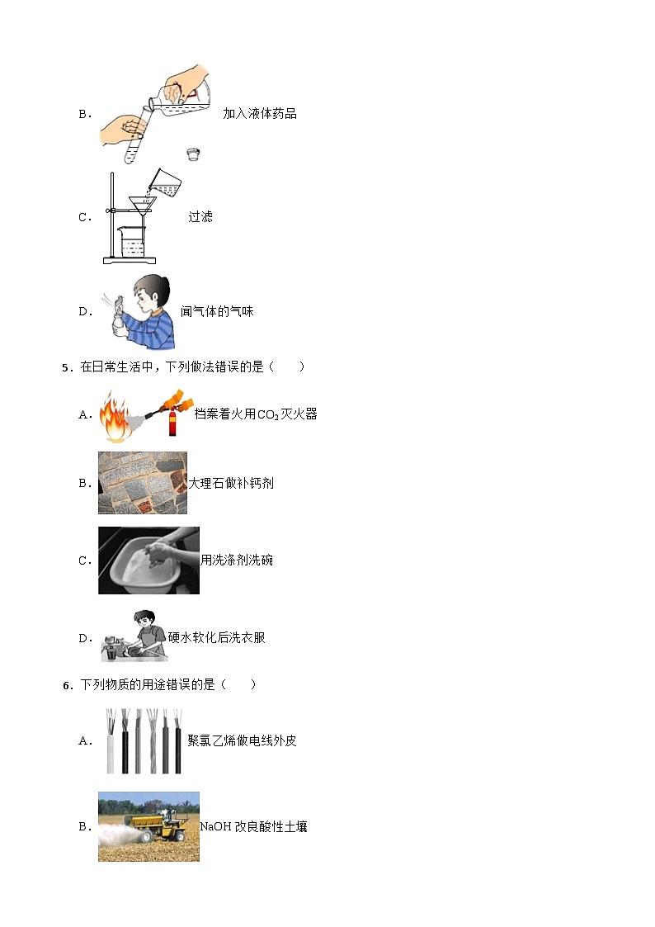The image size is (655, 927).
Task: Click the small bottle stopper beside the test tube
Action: (193, 154)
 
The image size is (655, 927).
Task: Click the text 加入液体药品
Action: (260, 114)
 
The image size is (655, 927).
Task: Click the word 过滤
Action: (200, 216)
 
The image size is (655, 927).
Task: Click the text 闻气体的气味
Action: (217, 311)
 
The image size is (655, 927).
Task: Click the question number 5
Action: (66, 367)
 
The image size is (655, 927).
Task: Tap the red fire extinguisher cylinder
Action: (173, 422)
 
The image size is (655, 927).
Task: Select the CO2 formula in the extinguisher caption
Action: (268, 415)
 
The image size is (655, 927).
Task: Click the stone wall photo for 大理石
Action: (142, 482)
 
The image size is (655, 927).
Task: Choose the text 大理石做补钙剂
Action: (231, 483)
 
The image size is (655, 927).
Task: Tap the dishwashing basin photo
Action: (148, 560)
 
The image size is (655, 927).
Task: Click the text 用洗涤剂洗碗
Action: (237, 560)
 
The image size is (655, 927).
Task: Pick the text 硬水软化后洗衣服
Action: (217, 637)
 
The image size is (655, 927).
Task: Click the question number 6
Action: (66, 685)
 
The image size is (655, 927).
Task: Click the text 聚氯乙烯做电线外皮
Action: (242, 740)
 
